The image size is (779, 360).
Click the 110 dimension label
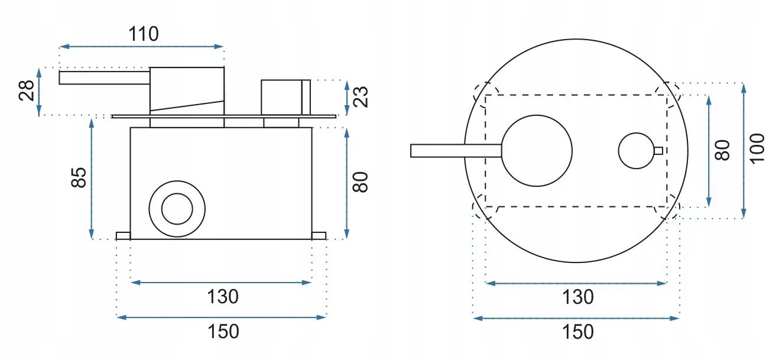coord(144,34)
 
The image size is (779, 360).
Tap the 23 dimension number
coord(361,96)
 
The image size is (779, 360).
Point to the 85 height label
coord(79,177)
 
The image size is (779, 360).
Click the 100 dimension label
coord(757,148)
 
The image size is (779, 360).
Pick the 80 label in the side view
coord(361,181)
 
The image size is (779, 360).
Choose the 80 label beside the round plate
coord(723,150)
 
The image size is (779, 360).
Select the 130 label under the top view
coord(577,296)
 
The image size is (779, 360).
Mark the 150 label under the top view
coord(577,332)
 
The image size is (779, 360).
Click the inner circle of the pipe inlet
coord(177,209)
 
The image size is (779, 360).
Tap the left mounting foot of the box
coord(123,236)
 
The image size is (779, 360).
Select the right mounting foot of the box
coord(319,236)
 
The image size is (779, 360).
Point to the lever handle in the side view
coord(104,77)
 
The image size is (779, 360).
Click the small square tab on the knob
coord(658,150)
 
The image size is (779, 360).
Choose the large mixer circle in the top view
coord(537,150)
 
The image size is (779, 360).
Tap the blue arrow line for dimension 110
coord(142,46)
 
